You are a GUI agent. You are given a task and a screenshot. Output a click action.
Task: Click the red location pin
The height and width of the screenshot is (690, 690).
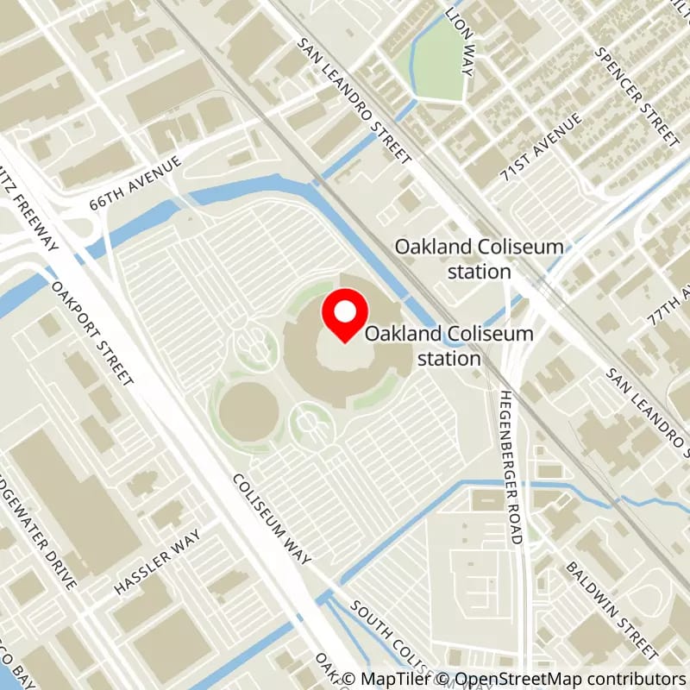click(345, 316)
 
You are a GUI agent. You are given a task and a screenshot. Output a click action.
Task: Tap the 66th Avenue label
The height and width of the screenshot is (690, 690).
click(136, 183)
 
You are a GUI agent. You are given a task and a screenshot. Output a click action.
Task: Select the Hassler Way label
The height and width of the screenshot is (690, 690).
click(157, 561)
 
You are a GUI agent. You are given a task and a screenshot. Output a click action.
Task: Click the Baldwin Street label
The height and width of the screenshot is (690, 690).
click(613, 607)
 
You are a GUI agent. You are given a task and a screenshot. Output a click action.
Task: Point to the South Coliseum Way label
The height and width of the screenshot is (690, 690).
click(405, 643)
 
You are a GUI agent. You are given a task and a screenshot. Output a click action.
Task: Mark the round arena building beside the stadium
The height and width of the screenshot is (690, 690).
click(248, 412)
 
